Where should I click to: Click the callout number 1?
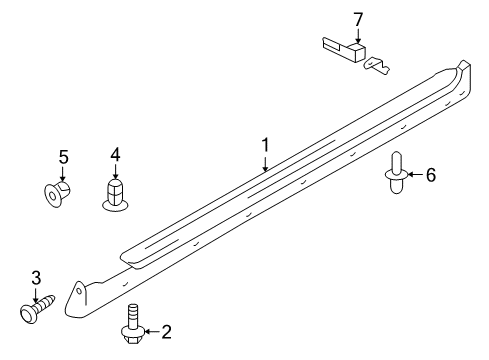click(x=265, y=146)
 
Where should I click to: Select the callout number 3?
click(x=36, y=276)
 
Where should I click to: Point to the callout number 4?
click(x=115, y=154)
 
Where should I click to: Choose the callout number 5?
click(x=63, y=157)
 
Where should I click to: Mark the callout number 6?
click(x=431, y=175)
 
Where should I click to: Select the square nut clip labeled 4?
click(x=117, y=194)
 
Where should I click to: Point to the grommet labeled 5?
click(x=59, y=191)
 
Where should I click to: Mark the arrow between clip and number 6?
click(x=413, y=175)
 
